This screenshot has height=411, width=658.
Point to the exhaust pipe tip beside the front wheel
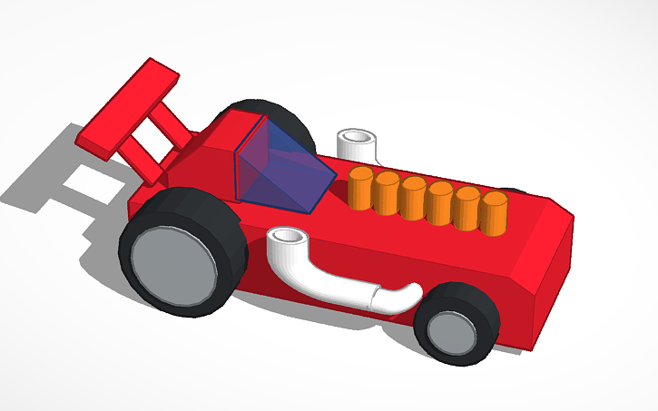click(x=399, y=297)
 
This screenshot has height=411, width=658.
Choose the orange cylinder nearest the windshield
click(x=360, y=188)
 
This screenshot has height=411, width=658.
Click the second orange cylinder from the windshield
click(x=387, y=192)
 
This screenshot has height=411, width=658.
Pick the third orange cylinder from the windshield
click(x=413, y=198)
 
